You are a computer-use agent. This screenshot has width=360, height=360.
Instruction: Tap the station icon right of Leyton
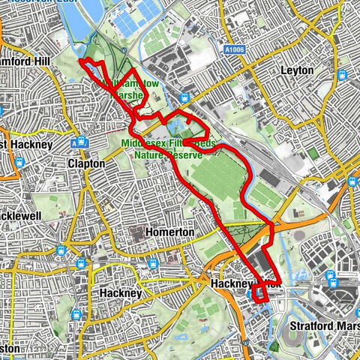[343, 75]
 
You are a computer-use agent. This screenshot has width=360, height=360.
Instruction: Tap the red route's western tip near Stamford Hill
[79, 61]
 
